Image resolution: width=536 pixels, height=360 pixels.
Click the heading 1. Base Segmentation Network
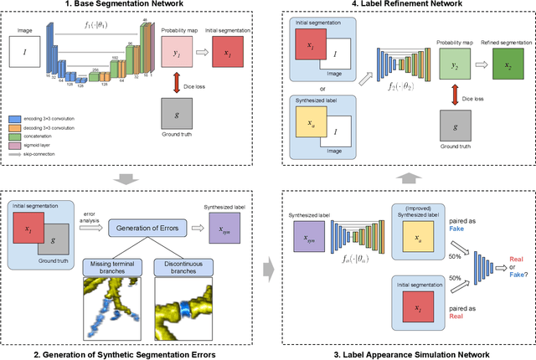133,6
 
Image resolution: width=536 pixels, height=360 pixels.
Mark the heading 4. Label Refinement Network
402,6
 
